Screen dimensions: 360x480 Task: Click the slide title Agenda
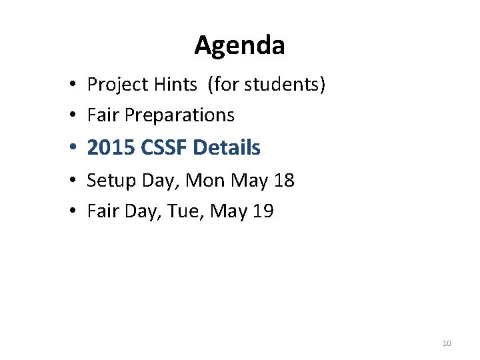click(239, 45)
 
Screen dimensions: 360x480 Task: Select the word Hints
click(176, 85)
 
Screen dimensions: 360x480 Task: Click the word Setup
click(111, 181)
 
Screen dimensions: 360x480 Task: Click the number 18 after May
click(283, 181)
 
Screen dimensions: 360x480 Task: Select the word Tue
click(183, 211)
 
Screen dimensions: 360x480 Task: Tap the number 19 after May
click(262, 211)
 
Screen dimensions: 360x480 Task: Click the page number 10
click(447, 343)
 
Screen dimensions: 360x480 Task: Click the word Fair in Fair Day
click(100, 211)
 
